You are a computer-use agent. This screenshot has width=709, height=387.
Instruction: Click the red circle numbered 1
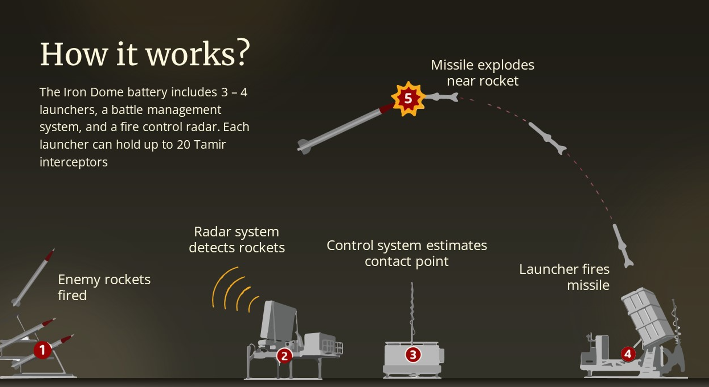pyautogui.click(x=42, y=350)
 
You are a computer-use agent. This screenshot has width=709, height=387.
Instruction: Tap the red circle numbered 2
pyautogui.click(x=284, y=356)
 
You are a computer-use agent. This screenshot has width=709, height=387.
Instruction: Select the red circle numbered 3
pyautogui.click(x=413, y=355)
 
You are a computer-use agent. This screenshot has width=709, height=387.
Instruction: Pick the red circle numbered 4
pyautogui.click(x=628, y=354)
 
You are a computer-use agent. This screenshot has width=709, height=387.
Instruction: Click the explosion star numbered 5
pyautogui.click(x=408, y=99)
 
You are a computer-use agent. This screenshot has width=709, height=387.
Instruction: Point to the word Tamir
pyautogui.click(x=209, y=144)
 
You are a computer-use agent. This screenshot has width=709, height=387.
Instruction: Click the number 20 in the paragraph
pyautogui.click(x=183, y=144)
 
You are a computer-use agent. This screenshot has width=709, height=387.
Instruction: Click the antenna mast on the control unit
pyautogui.click(x=412, y=312)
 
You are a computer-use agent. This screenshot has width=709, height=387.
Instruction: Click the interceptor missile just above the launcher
pyautogui.click(x=623, y=245)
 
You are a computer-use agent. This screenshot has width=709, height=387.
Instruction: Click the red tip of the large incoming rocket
pyautogui.click(x=386, y=108)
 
